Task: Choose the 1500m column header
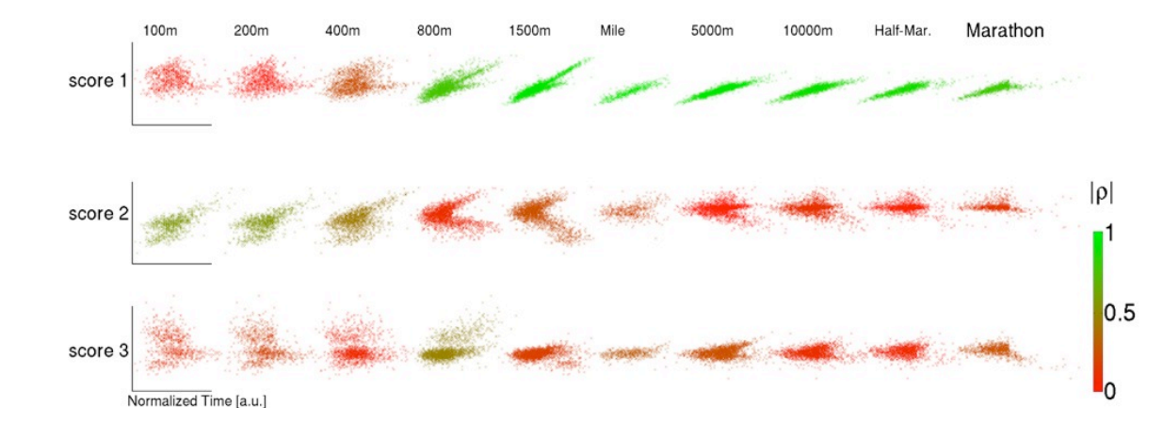[529, 31]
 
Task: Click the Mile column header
[612, 31]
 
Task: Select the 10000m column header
[808, 31]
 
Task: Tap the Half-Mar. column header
[902, 31]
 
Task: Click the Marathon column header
[1005, 31]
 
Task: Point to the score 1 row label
[98, 81]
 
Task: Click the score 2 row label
[98, 214]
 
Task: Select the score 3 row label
[98, 352]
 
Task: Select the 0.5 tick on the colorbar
[1118, 313]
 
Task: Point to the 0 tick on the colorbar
[1108, 390]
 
